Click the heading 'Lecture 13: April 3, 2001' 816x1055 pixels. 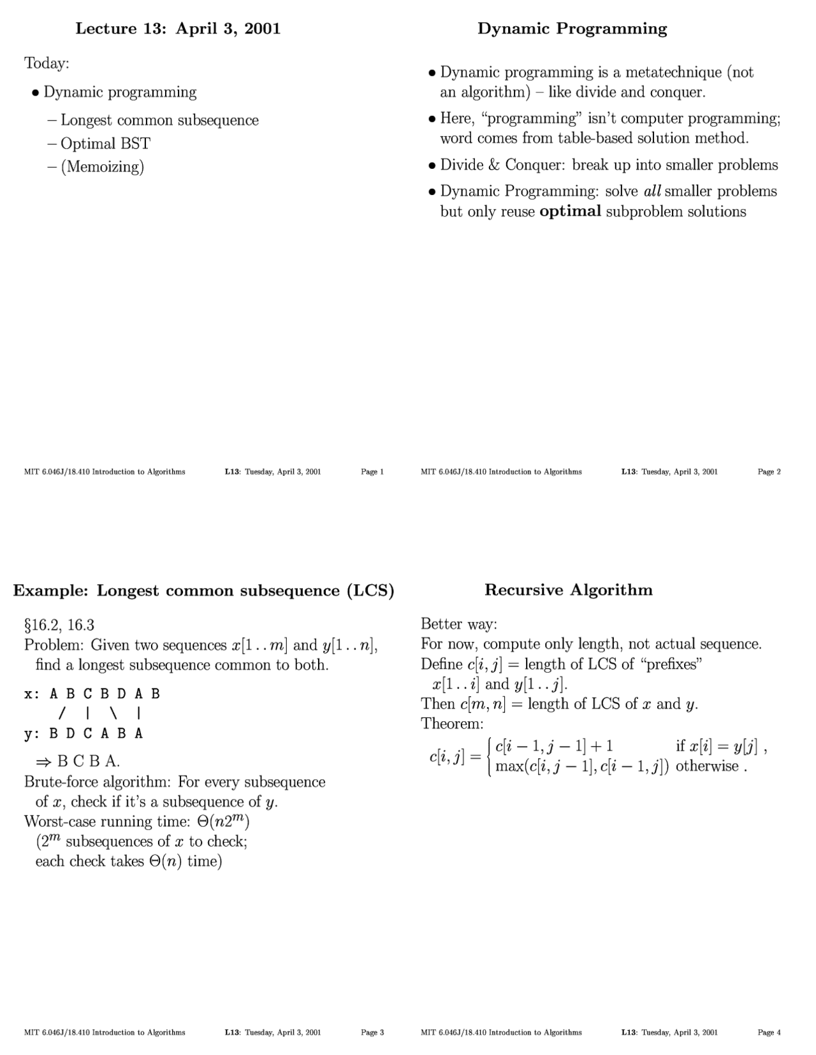click(178, 29)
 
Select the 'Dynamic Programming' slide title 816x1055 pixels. click(572, 29)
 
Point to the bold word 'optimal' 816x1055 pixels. click(570, 212)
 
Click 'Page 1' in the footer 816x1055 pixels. click(372, 471)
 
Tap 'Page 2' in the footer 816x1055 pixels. click(769, 471)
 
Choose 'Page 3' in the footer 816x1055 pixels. click(372, 1032)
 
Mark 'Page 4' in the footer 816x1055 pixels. click(769, 1032)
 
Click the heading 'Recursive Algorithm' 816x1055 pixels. click(569, 589)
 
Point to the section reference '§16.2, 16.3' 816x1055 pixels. click(59, 625)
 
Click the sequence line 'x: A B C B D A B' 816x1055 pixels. click(92, 694)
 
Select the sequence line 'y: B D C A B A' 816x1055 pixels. click(84, 733)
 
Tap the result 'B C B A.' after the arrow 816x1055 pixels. click(89, 761)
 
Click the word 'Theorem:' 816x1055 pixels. click(452, 724)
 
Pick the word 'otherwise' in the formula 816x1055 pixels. click(707, 766)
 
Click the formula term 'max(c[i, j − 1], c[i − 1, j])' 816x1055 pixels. click(581, 766)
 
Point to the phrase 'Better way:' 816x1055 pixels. click(458, 624)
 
